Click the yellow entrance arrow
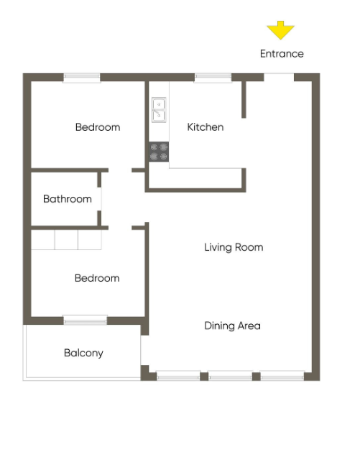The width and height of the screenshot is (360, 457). click(280, 30)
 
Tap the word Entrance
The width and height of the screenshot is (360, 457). click(282, 54)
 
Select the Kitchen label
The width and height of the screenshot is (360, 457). click(206, 127)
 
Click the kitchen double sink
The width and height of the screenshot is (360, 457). click(159, 110)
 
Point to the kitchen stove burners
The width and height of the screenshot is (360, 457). click(159, 152)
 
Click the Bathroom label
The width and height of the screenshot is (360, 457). click(68, 199)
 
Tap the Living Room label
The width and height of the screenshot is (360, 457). click(234, 247)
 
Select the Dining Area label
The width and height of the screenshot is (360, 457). click(232, 326)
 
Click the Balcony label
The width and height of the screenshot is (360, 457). click(83, 353)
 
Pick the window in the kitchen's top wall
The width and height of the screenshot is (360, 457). click(213, 78)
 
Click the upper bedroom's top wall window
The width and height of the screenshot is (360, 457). click(82, 78)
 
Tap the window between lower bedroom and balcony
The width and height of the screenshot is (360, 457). click(86, 320)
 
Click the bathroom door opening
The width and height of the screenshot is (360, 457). click(99, 199)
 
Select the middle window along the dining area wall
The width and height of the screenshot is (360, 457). click(230, 376)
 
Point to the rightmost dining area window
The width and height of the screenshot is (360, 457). click(282, 376)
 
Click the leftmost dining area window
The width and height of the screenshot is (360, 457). click(178, 376)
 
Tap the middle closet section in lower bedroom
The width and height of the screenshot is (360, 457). click(66, 239)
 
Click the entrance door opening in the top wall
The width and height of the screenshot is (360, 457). click(279, 77)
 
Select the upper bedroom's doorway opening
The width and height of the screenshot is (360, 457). click(120, 170)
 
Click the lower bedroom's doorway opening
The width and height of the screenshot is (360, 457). click(120, 228)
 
